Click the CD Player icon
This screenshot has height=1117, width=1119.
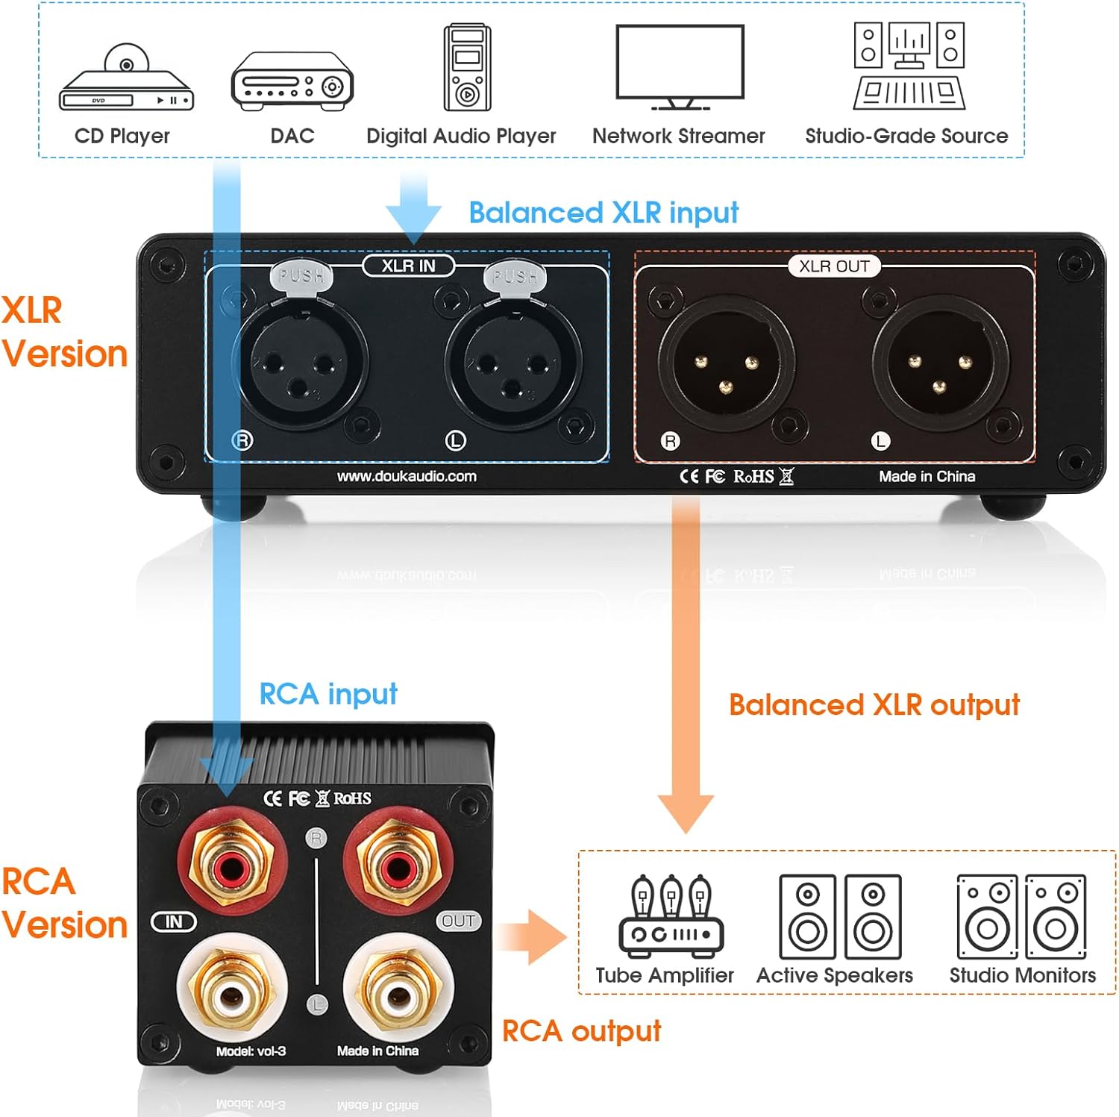click(126, 79)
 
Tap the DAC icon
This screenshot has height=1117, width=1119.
click(292, 81)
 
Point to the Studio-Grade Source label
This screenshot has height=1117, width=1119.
click(906, 136)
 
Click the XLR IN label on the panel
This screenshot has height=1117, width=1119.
click(408, 266)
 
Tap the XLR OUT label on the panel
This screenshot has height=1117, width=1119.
click(834, 266)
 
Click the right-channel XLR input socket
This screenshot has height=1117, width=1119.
click(300, 363)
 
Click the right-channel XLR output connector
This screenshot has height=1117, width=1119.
click(726, 363)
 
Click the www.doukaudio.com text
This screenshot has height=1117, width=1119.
click(407, 476)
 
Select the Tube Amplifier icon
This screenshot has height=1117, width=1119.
click(671, 916)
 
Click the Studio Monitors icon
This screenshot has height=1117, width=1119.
click(1021, 917)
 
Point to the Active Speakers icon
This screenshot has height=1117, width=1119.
click(840, 917)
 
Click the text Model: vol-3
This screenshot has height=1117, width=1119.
click(251, 1051)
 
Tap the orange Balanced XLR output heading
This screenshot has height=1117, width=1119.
click(874, 705)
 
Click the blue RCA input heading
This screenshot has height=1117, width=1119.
click(328, 694)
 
